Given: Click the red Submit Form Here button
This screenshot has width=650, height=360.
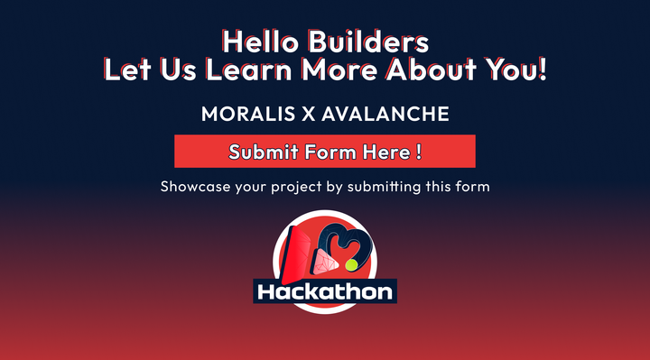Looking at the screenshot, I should click(325, 152).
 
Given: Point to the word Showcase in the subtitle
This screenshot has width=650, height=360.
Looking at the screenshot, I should click(194, 188).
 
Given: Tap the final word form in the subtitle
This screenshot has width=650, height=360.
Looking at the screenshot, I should click(473, 188).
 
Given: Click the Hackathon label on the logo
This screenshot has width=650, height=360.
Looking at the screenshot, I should click(325, 291).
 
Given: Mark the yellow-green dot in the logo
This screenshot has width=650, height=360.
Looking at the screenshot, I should click(352, 265).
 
